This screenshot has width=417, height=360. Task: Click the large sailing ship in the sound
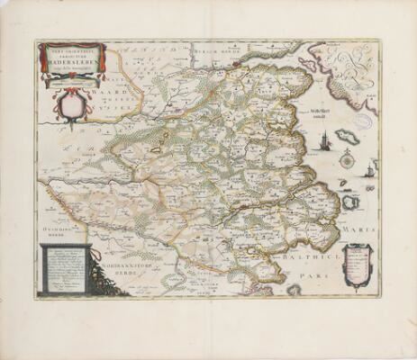pos(325,140)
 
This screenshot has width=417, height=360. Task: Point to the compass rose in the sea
pos(347,160)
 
